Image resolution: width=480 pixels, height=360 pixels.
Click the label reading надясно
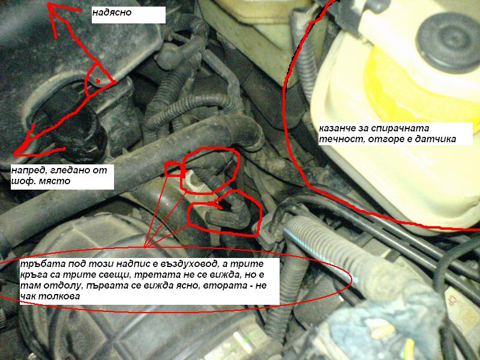pyautogui.click(x=112, y=13)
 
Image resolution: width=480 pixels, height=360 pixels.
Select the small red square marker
pyautogui.click(x=175, y=169)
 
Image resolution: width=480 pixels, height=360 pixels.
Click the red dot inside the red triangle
pyautogui.click(x=98, y=81)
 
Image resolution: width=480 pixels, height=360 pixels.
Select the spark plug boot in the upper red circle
pyautogui.click(x=211, y=169)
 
